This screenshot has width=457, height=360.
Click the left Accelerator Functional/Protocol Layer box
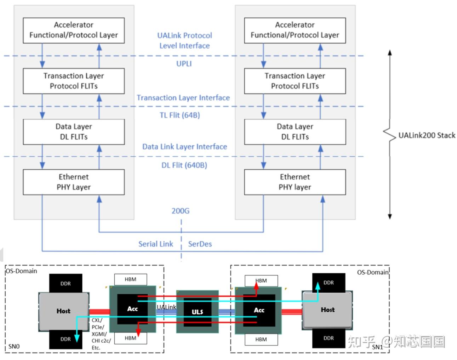pyautogui.click(x=74, y=30)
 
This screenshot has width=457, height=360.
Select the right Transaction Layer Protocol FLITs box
pyautogui.click(x=295, y=81)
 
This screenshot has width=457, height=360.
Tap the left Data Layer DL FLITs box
pyautogui.click(x=74, y=132)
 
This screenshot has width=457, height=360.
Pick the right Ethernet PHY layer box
pyautogui.click(x=295, y=182)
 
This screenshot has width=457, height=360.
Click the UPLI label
pyautogui.click(x=184, y=64)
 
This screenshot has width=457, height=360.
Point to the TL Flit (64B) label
pyautogui.click(x=180, y=115)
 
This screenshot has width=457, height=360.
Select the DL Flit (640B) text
pyautogui.click(x=184, y=165)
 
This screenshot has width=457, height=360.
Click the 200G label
pyautogui.click(x=181, y=211)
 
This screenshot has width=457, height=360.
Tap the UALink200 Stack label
pyautogui.click(x=427, y=135)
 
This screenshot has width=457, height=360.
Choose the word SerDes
pyautogui.click(x=200, y=244)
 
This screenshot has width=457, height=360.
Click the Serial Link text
pyautogui.click(x=156, y=244)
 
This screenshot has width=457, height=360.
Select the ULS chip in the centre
pyautogui.click(x=197, y=312)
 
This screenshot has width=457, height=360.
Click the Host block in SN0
pyautogui.click(x=63, y=311)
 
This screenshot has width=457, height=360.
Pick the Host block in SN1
pyautogui.click(x=327, y=310)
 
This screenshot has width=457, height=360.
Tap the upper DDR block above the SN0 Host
pyautogui.click(x=65, y=284)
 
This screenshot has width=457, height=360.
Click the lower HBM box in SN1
pyautogui.click(x=261, y=339)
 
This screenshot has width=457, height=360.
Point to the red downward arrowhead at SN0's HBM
pyautogui.click(x=138, y=332)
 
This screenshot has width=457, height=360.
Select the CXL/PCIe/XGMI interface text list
pyautogui.click(x=101, y=334)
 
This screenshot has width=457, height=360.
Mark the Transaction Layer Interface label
pyautogui.click(x=183, y=98)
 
